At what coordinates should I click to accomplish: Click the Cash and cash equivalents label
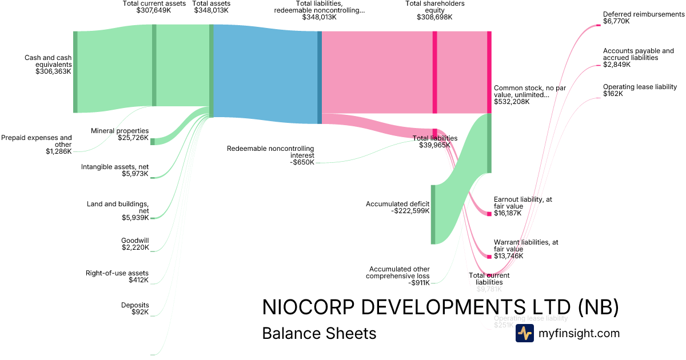click(x=48, y=65)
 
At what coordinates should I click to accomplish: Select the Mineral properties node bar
click(x=152, y=141)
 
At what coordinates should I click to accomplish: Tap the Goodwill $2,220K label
click(x=135, y=244)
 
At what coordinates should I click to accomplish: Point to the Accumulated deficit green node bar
click(x=433, y=214)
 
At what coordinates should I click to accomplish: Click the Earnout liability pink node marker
click(x=489, y=214)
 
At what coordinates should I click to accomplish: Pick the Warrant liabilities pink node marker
click(x=489, y=257)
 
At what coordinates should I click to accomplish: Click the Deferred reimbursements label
click(x=643, y=18)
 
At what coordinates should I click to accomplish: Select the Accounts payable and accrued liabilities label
click(x=638, y=58)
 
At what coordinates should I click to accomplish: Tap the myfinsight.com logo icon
click(x=524, y=333)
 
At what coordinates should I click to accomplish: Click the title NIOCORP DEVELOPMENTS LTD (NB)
click(x=440, y=307)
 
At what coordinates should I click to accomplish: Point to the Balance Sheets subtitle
click(x=319, y=333)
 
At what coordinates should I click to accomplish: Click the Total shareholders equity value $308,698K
click(x=434, y=17)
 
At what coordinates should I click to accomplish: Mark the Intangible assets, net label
click(x=115, y=170)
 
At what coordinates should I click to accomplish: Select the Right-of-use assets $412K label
click(x=117, y=277)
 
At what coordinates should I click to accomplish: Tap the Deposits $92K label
click(x=135, y=309)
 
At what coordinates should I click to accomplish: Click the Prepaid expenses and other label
click(x=37, y=144)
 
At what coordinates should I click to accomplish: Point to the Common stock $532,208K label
click(x=521, y=95)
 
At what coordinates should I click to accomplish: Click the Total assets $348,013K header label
click(x=212, y=7)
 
